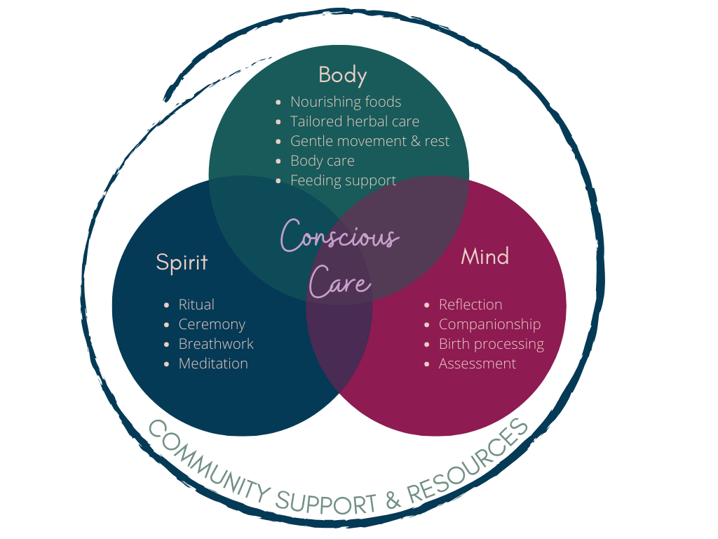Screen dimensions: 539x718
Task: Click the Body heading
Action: (342, 74)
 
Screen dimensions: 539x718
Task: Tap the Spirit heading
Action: (182, 262)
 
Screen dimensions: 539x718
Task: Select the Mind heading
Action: (485, 256)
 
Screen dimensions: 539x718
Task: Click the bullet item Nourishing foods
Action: (346, 102)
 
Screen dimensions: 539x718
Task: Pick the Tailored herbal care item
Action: (355, 121)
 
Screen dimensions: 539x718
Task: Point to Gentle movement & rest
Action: (370, 141)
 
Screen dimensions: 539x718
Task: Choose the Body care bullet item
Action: (323, 161)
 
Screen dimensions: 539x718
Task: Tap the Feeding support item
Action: (343, 180)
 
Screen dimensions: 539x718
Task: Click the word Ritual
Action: (196, 305)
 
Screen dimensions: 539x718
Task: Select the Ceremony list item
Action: (212, 324)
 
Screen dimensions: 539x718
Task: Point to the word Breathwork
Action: (216, 344)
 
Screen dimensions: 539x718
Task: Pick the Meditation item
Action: (213, 364)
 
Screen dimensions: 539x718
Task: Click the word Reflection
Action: (470, 305)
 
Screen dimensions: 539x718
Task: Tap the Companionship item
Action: (489, 324)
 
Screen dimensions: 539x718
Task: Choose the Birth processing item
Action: (491, 344)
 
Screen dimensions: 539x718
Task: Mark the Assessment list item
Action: (477, 364)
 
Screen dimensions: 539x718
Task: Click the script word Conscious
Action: (339, 236)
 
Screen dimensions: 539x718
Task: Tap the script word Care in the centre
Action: (339, 282)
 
